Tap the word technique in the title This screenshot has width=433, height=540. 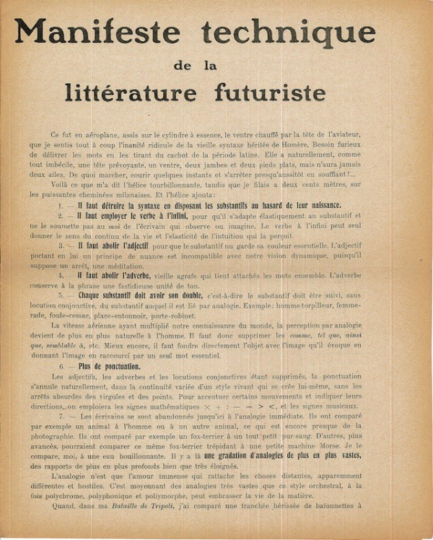[x=289, y=32]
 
